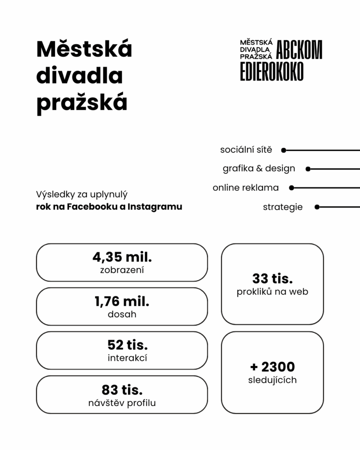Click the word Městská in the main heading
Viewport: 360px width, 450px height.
point(84,49)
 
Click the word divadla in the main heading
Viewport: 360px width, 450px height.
point(79,76)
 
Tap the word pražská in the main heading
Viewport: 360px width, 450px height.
point(82,102)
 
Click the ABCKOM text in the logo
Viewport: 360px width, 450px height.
point(300,50)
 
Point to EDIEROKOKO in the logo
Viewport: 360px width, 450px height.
point(272,71)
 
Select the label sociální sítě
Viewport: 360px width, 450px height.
point(246,150)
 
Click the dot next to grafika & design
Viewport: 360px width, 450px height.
point(308,169)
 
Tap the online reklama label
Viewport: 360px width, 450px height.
point(246,188)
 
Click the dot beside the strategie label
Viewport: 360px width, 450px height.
point(317,207)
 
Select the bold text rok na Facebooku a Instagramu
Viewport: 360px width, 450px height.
point(109,207)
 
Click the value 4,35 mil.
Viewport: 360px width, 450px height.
point(122,257)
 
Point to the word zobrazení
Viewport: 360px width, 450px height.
point(122,270)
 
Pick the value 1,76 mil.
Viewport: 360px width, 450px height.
point(122,301)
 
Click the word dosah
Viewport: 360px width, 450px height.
point(122,314)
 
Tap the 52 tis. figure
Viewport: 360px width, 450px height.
point(127,345)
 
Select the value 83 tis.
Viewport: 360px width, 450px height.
point(122,389)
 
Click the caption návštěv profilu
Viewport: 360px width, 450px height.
point(122,402)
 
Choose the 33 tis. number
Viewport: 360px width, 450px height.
point(273,278)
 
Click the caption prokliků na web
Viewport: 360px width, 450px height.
point(273,291)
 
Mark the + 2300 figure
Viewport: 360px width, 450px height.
point(273,367)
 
